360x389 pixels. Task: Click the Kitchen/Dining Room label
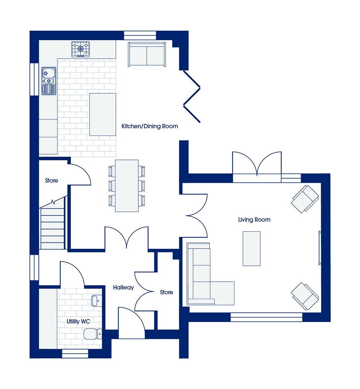(x=150, y=126)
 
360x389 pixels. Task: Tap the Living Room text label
(x=254, y=220)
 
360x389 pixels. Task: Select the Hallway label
(x=123, y=287)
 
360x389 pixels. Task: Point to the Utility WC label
(x=78, y=322)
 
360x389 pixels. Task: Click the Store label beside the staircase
(x=51, y=180)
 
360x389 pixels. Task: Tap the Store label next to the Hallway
(x=167, y=292)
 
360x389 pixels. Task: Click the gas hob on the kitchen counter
(x=81, y=49)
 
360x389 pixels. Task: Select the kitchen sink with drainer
(x=49, y=81)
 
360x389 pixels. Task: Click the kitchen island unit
(x=103, y=115)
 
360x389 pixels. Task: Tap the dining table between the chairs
(x=127, y=186)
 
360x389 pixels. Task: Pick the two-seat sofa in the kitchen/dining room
(x=147, y=54)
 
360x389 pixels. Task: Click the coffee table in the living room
(x=251, y=249)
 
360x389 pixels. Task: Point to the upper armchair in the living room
(x=305, y=199)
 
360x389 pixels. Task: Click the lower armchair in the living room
(x=305, y=296)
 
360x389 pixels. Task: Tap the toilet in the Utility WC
(x=93, y=334)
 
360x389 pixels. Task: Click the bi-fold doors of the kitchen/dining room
(x=192, y=97)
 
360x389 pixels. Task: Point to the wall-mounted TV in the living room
(x=320, y=248)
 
